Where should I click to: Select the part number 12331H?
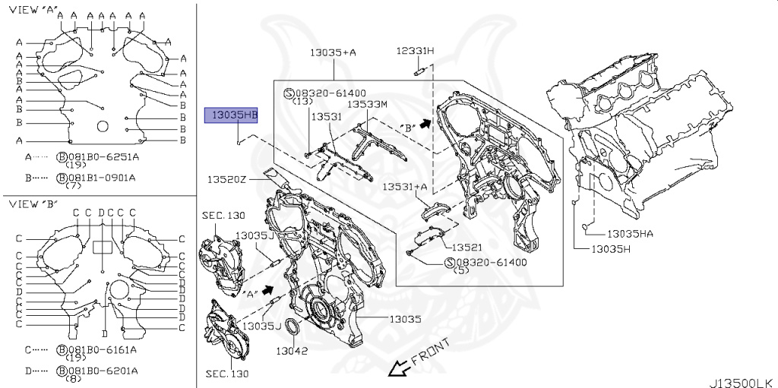(415, 51)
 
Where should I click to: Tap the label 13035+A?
(333, 52)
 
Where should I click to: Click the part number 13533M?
(368, 104)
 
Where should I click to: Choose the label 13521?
(469, 248)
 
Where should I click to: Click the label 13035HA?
(630, 234)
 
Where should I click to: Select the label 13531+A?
(404, 186)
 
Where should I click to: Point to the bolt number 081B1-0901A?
(101, 178)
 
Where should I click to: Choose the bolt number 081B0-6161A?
(101, 350)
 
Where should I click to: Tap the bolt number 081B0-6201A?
(101, 371)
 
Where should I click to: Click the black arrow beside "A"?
(267, 290)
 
